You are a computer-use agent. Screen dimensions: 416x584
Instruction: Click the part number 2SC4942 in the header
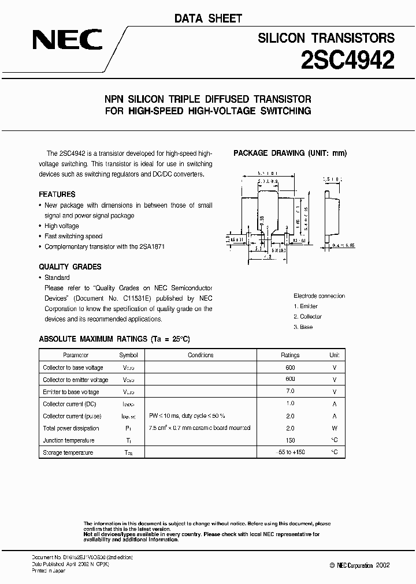(348, 60)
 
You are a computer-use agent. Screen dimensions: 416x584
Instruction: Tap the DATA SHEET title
(208, 18)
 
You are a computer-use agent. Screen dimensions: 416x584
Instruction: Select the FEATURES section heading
(57, 194)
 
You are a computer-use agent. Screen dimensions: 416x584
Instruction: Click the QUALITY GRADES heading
(70, 267)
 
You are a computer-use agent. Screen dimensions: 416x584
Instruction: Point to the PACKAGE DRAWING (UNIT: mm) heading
(290, 153)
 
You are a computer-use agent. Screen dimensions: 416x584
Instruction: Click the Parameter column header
(75, 355)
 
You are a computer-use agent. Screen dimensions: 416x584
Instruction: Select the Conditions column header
(200, 355)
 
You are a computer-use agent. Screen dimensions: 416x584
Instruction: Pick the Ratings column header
(290, 355)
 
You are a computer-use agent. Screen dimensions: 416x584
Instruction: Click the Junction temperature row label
(66, 440)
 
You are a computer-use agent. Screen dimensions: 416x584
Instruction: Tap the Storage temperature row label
(68, 453)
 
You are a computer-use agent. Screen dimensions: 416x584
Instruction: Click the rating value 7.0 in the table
(290, 392)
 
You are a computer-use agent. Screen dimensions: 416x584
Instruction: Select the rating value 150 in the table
(290, 440)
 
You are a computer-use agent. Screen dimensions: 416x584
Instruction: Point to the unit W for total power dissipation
(335, 428)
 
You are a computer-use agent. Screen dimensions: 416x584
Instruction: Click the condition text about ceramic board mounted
(199, 428)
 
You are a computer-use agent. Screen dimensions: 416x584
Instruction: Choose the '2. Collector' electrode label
(308, 317)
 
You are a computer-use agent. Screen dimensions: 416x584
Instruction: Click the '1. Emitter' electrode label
(306, 306)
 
